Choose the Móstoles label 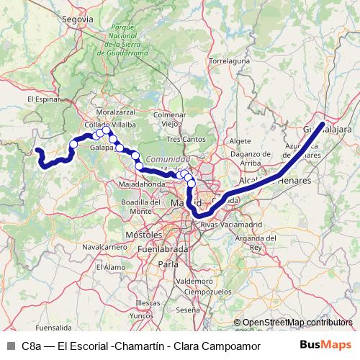143,235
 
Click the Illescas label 147,304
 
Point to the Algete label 239,140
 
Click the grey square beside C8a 9,345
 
